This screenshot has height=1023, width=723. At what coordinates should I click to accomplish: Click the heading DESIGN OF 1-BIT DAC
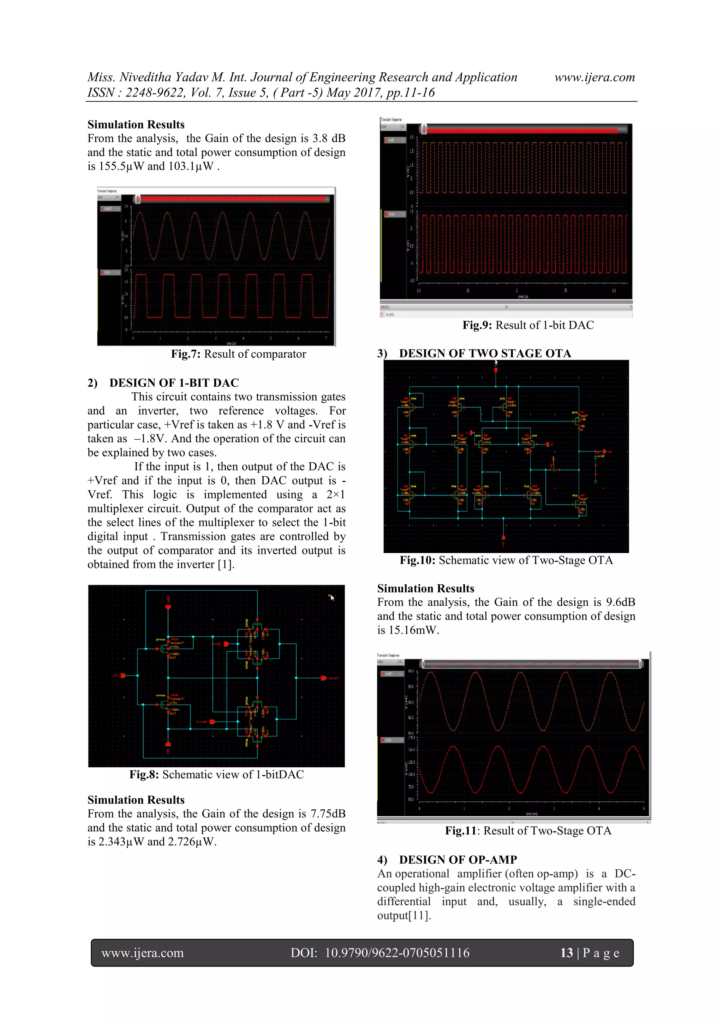tap(174, 383)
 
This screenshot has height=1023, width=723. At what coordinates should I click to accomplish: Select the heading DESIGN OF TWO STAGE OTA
tap(485, 353)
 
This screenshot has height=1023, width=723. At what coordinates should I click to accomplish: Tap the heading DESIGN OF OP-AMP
tap(458, 860)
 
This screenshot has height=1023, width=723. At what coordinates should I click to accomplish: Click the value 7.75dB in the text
tap(328, 814)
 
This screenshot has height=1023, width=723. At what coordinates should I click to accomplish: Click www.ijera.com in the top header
tap(594, 78)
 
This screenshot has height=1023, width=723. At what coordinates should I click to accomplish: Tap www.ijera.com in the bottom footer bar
tap(143, 953)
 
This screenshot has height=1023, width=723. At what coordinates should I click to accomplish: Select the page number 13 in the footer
tap(566, 953)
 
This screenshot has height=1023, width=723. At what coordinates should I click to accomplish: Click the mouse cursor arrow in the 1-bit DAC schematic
tap(332, 597)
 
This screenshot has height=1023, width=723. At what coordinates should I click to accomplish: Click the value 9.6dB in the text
tap(620, 602)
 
